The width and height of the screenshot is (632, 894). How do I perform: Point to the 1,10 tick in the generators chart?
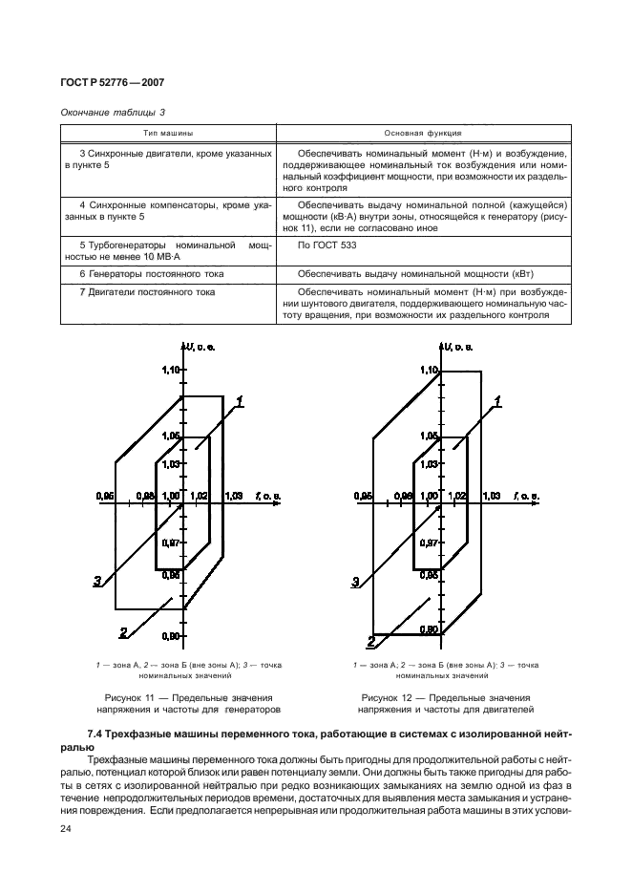pyautogui.click(x=170, y=370)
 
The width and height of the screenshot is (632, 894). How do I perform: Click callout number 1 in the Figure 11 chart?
pyautogui.click(x=242, y=402)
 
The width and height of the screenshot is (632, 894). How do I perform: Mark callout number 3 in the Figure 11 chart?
pyautogui.click(x=98, y=580)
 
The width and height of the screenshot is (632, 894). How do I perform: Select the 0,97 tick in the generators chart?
pyautogui.click(x=171, y=543)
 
